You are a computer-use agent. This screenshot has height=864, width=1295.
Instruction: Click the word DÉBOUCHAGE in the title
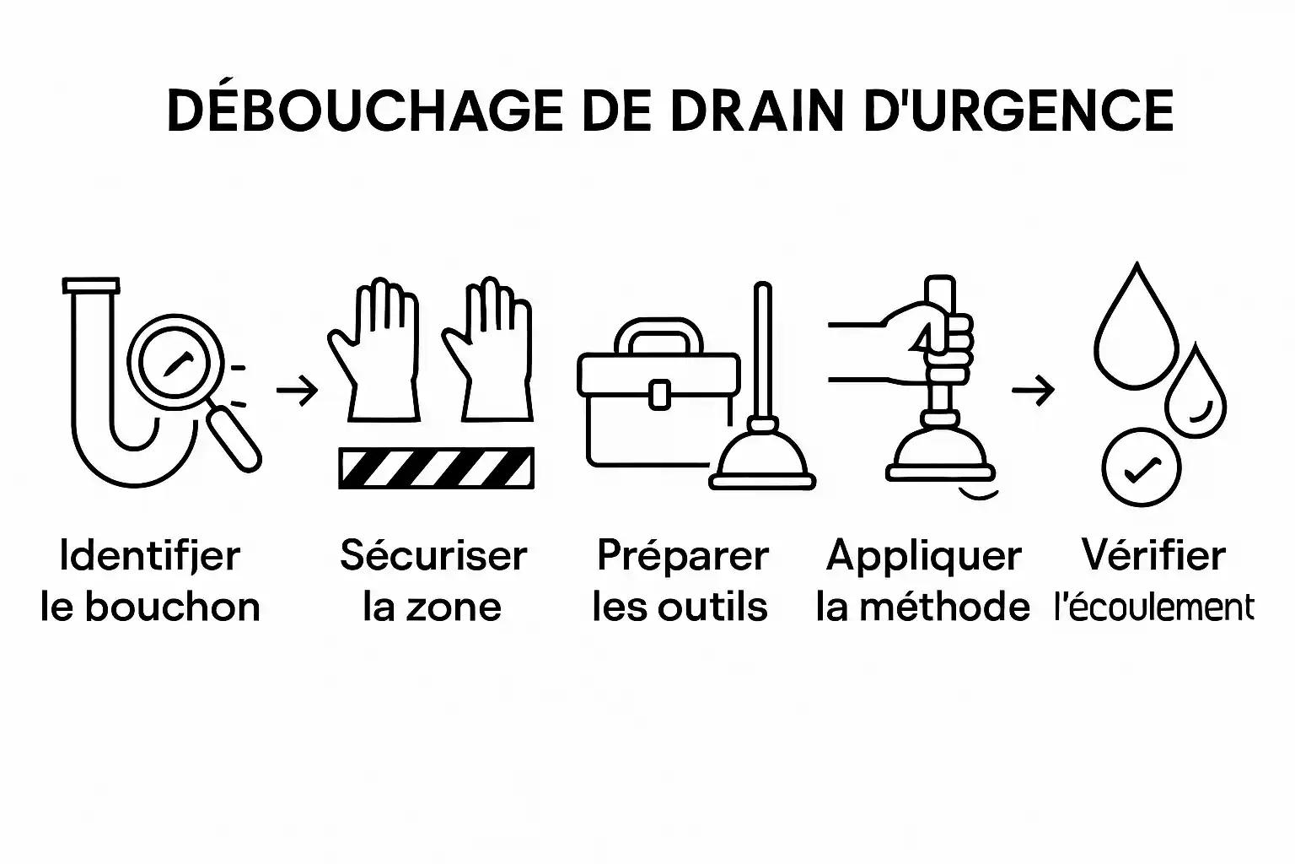364,111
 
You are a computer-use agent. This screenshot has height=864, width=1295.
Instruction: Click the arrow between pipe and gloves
297,391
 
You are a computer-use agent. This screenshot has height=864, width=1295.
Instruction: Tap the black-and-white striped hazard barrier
435,468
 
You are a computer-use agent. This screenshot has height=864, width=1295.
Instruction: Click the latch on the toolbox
658,393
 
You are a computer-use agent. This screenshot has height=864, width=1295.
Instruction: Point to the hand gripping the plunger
936,337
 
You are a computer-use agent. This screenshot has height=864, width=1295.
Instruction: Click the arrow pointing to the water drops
1033,391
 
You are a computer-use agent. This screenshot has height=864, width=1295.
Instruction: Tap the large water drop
1134,333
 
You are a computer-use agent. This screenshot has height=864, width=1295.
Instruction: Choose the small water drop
1195,397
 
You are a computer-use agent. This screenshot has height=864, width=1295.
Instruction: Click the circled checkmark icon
1142,469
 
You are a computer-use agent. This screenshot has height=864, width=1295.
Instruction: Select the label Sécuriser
433,556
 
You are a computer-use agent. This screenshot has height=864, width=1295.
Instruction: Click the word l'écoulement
1154,607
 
